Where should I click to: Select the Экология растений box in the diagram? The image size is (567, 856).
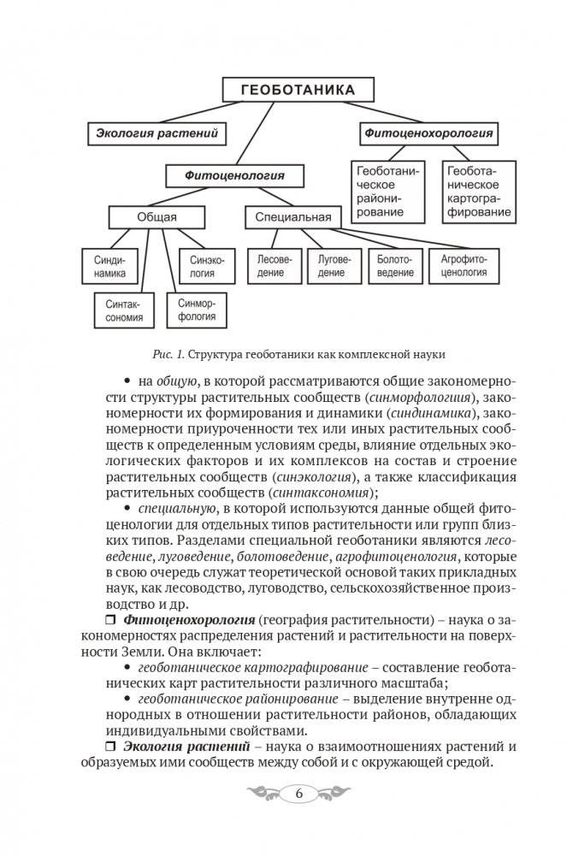pyautogui.click(x=157, y=133)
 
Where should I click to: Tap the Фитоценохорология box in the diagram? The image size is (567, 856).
pyautogui.click(x=428, y=133)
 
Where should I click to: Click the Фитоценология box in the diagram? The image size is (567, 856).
pyautogui.click(x=234, y=176)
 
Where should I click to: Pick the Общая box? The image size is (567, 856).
pyautogui.click(x=157, y=217)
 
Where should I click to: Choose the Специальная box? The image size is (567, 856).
pyautogui.click(x=292, y=217)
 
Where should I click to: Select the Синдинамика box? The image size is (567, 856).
pyautogui.click(x=110, y=266)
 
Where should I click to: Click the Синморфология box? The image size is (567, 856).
pyautogui.click(x=197, y=310)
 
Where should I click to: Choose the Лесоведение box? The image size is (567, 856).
pyautogui.click(x=270, y=266)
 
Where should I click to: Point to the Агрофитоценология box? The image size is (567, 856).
pyautogui.click(x=464, y=266)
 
